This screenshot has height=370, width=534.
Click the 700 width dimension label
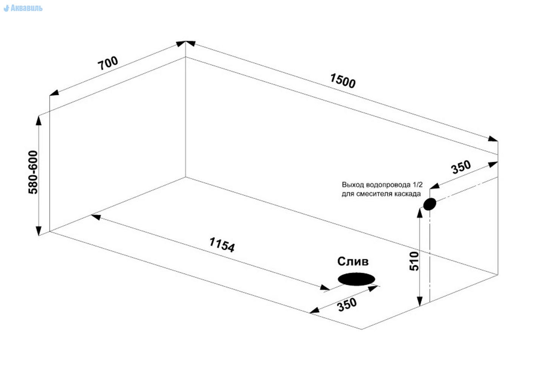(108, 63)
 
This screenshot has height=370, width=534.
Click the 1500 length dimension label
(342, 81)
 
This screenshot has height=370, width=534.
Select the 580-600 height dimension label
(33, 172)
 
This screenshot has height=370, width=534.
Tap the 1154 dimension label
(222, 245)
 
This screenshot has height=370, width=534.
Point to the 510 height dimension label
(414, 261)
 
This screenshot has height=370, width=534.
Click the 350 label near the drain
(347, 304)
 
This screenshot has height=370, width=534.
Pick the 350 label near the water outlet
(461, 167)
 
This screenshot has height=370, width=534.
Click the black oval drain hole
(356, 279)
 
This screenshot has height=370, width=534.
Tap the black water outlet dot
(430, 204)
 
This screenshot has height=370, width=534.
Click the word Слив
(353, 261)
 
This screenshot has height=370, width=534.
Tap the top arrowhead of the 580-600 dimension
(38, 120)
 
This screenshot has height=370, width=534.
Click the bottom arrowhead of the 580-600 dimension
(38, 231)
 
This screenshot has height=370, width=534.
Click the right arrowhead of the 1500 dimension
(493, 139)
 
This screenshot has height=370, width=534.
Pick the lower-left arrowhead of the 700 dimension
(54, 93)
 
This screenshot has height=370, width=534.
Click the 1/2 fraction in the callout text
(417, 185)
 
